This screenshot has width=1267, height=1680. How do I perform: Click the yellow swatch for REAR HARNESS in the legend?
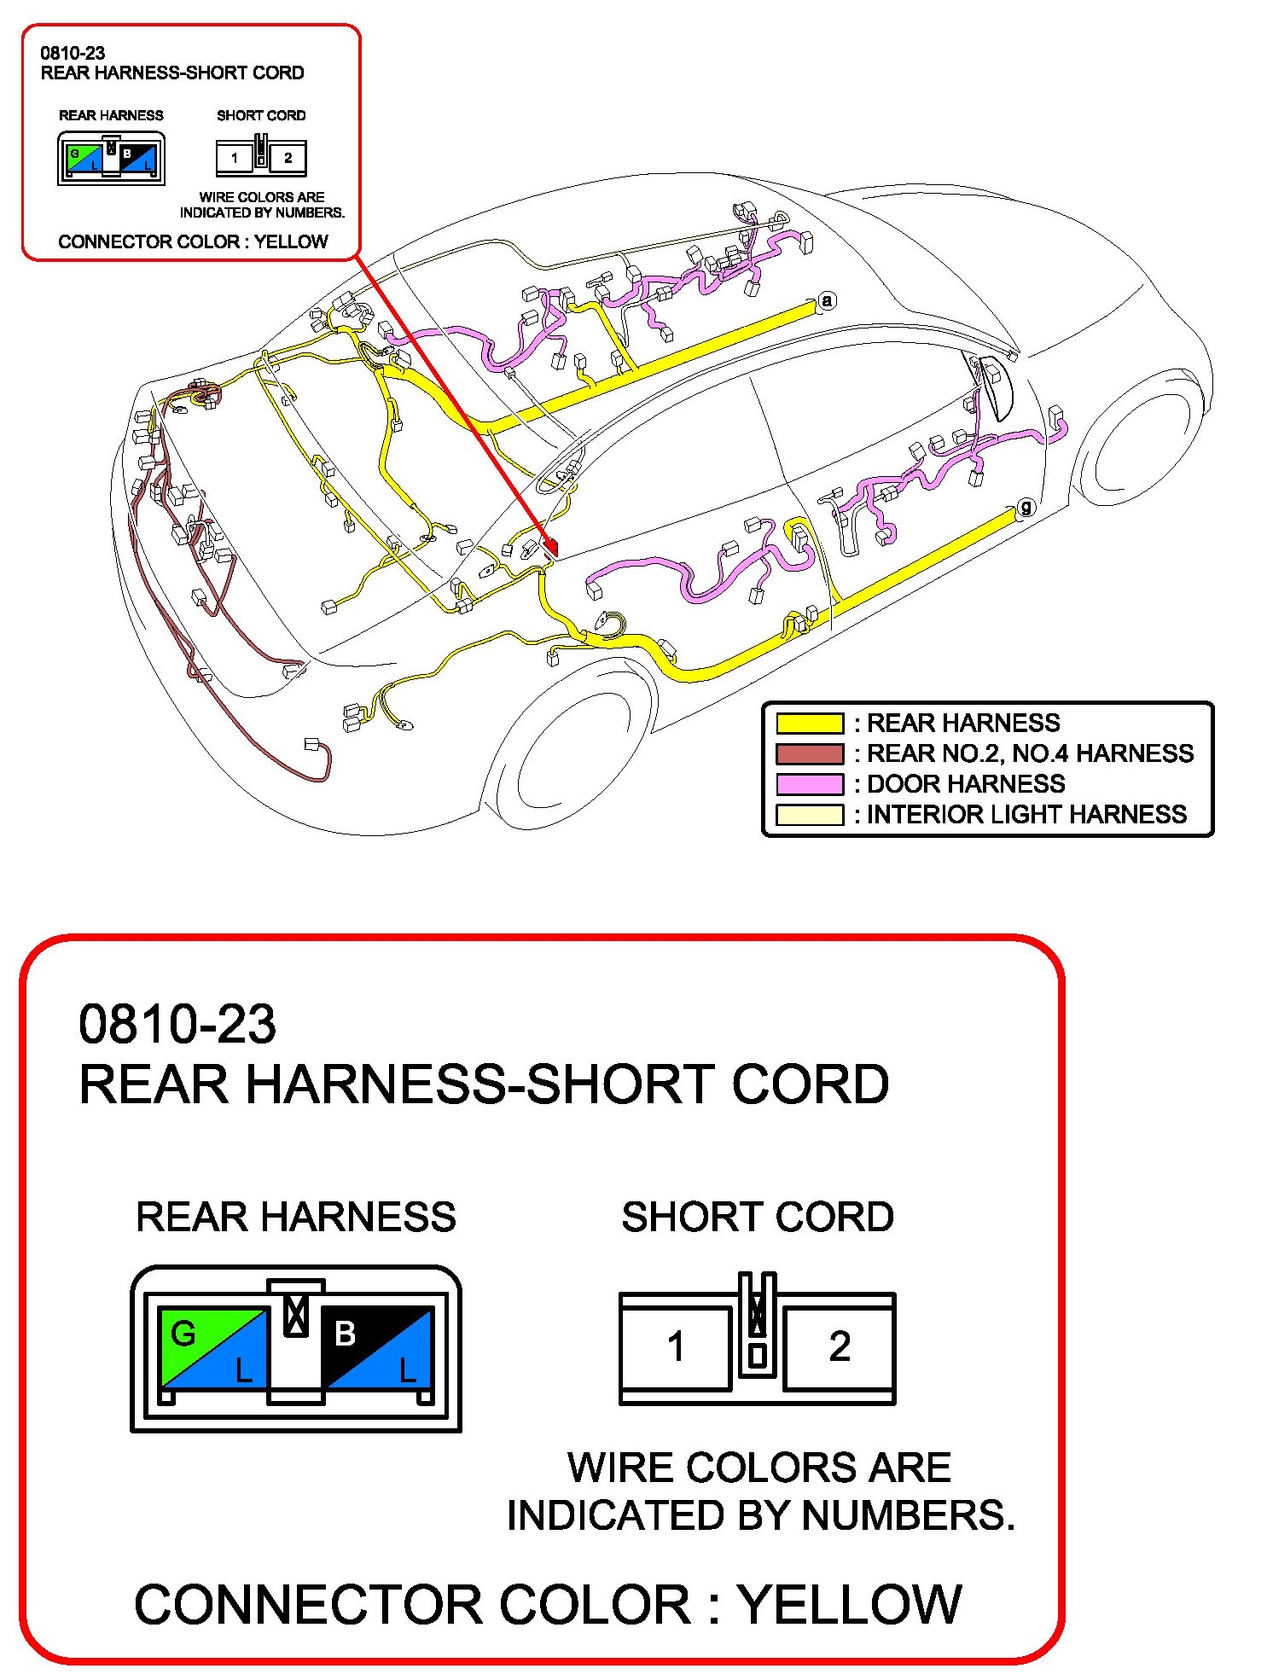click(809, 724)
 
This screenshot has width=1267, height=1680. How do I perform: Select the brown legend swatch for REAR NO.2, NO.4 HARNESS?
click(809, 754)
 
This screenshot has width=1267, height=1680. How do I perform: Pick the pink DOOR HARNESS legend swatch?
click(809, 784)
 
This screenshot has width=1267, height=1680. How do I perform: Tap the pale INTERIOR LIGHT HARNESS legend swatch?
click(809, 815)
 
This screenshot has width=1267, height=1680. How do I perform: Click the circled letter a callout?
click(826, 300)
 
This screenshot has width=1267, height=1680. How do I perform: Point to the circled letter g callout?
click(1026, 507)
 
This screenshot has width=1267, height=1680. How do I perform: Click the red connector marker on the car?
click(550, 544)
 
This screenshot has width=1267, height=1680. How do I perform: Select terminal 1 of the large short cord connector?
click(676, 1347)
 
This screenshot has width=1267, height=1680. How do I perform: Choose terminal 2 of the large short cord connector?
click(840, 1347)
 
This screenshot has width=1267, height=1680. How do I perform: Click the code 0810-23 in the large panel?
click(177, 1024)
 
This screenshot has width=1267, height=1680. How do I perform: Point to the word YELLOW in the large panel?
click(850, 1605)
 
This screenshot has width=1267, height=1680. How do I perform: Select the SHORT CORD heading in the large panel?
click(758, 1217)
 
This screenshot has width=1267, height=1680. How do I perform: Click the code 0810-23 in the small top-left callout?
click(73, 53)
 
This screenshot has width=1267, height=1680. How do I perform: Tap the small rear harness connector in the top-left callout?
click(111, 159)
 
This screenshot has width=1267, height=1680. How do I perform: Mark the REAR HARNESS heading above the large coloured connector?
click(296, 1217)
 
